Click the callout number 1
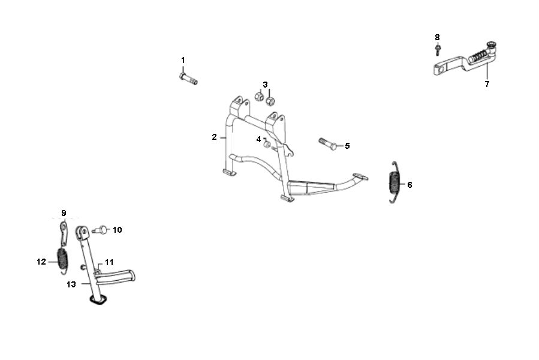coord(183,60)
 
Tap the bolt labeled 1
coord(188,79)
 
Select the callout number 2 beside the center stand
coord(214,137)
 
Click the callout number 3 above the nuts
coord(265,85)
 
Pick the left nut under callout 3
coord(259,96)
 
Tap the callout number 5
coord(347,146)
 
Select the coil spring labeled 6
coord(394,182)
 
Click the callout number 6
coord(409,185)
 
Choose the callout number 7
coord(487,84)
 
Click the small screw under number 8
coord(438,50)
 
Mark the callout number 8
coord(437,37)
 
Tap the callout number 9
coord(64,213)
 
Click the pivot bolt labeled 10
coord(101,230)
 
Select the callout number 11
coord(109,263)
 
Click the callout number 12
coord(41,262)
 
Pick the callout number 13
coord(71,284)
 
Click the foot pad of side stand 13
coord(97,301)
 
